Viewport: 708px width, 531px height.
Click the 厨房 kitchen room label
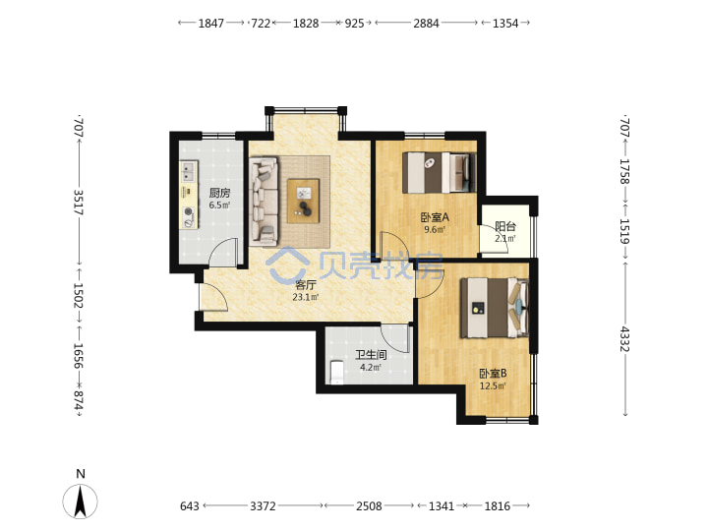coord(219,194)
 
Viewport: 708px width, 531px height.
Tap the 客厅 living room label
coord(306,285)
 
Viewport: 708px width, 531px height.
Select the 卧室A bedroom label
coord(435,217)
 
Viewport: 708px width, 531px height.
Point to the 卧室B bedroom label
coord(493,374)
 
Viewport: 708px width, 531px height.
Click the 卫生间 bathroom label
coord(371,355)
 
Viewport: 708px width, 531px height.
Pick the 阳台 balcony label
coord(505,226)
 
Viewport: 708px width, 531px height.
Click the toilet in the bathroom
coord(337,373)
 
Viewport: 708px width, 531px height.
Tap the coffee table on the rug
coord(304,201)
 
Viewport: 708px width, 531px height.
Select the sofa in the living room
coord(264,202)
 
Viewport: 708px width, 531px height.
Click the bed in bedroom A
coord(440,172)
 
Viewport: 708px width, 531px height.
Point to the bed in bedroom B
coord(494,308)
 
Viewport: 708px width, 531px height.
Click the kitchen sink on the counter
coord(188,171)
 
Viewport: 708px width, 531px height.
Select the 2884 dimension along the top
coord(426,23)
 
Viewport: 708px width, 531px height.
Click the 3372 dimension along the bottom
coord(263,506)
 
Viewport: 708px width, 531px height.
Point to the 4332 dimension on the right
coord(624,338)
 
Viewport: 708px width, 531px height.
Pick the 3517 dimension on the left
coord(78,203)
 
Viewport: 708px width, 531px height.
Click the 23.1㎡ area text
coord(306,297)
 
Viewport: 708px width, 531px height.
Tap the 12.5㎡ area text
coord(493,385)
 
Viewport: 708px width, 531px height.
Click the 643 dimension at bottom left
coord(189,506)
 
